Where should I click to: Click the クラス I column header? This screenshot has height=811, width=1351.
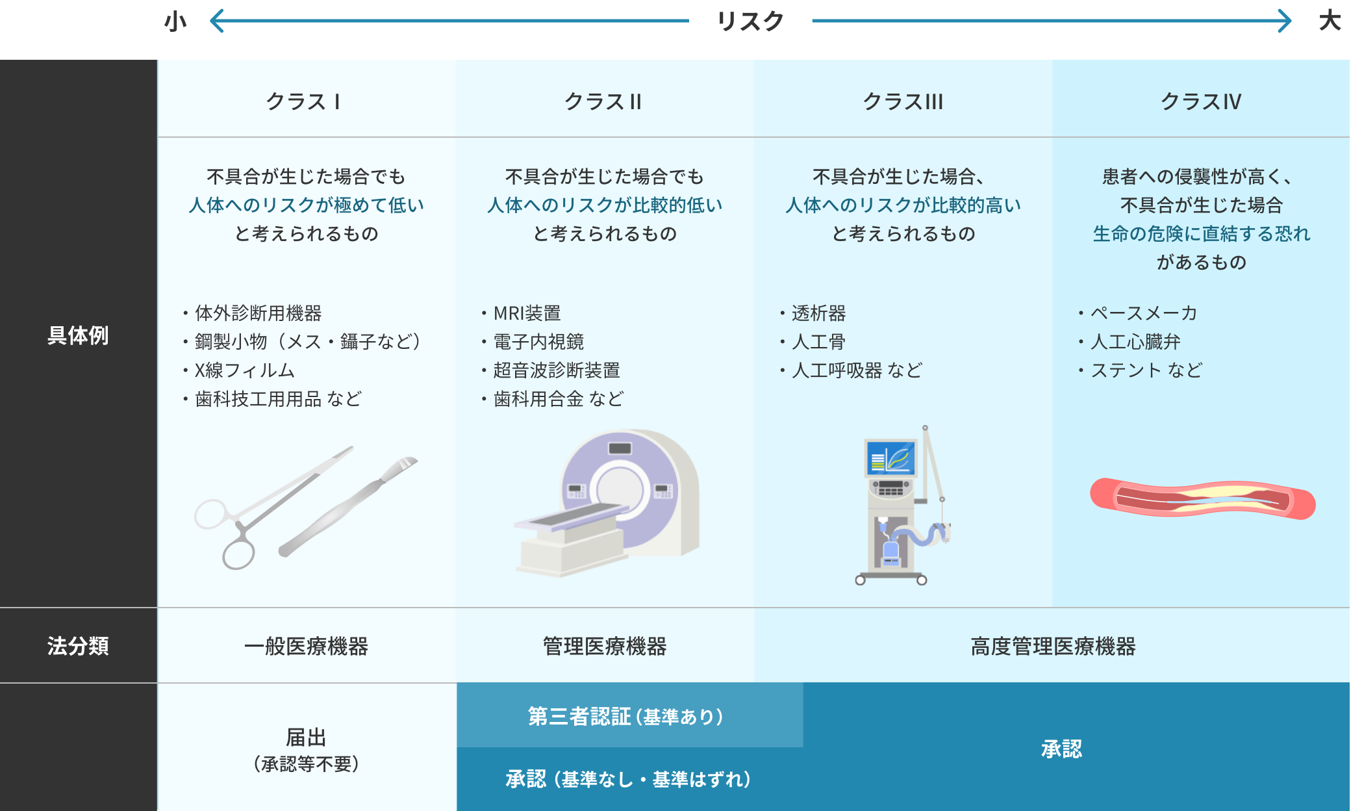(x=303, y=101)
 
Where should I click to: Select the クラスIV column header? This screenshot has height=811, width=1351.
(x=1200, y=101)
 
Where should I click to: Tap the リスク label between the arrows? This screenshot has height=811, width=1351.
(x=750, y=21)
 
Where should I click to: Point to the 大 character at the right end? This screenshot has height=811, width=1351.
(x=1330, y=21)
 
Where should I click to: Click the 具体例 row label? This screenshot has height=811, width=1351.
(x=78, y=335)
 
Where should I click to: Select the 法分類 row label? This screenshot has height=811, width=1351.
(x=78, y=646)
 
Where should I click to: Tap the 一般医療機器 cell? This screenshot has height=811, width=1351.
(x=306, y=646)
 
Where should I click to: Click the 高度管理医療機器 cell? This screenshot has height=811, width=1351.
(x=1053, y=646)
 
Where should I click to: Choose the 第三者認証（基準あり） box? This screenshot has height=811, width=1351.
(x=626, y=716)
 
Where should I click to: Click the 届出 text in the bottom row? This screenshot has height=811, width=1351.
(x=306, y=738)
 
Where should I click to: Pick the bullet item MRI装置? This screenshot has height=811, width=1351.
(x=527, y=313)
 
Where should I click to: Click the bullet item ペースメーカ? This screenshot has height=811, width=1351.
(x=1143, y=313)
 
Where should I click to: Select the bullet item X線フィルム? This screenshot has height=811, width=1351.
(x=245, y=370)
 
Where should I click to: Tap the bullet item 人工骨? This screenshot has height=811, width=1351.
(x=818, y=342)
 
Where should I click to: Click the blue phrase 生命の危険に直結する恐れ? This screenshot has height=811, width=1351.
(x=1201, y=234)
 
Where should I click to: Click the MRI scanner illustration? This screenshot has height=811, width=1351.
(x=611, y=500)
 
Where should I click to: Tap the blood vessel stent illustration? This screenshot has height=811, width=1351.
(x=1202, y=499)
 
